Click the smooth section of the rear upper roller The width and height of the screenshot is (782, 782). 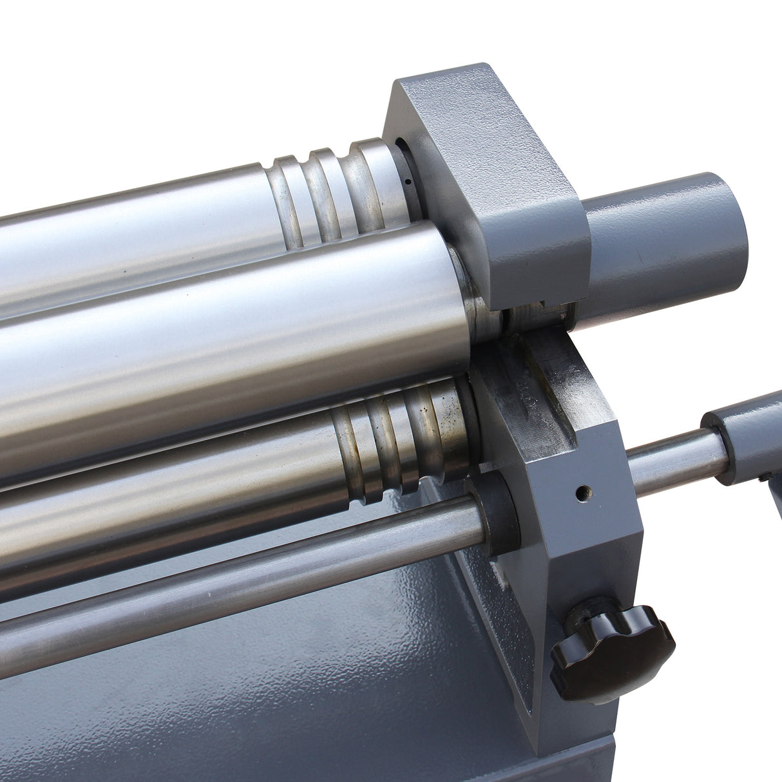point(129,238)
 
